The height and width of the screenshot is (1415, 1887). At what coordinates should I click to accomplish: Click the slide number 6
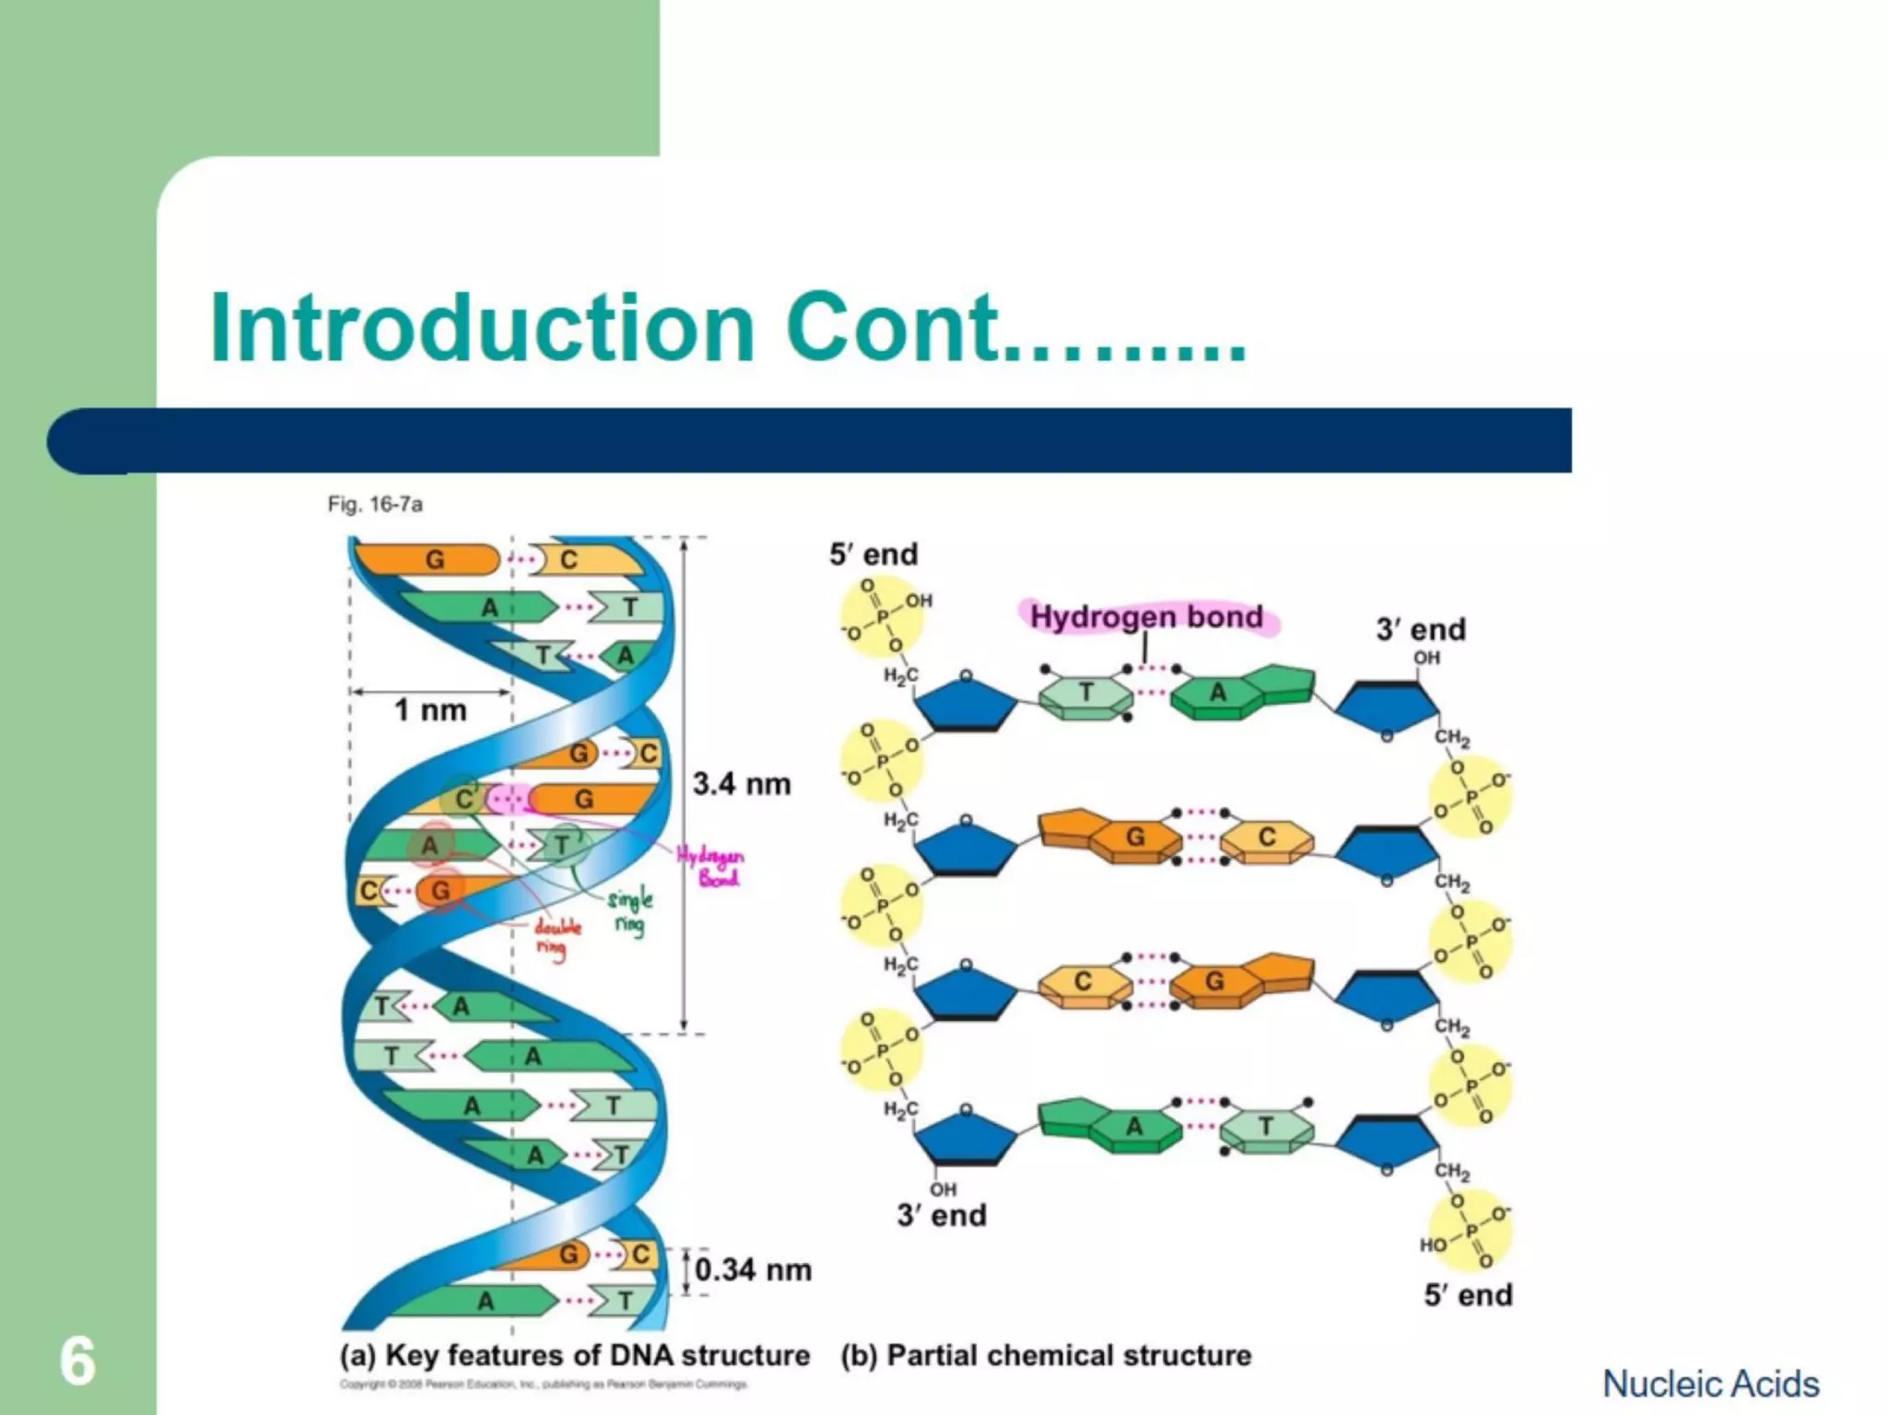coord(77,1361)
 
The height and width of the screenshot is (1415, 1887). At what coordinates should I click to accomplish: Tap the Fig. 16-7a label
coord(375,504)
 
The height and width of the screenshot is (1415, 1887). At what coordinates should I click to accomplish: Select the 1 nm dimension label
coord(430,710)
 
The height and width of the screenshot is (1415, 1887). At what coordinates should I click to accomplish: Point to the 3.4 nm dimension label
coord(742,784)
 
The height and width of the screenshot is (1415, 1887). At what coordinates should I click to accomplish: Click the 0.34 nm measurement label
coord(753,1269)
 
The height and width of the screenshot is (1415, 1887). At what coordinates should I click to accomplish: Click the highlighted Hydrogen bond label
coord(1146,616)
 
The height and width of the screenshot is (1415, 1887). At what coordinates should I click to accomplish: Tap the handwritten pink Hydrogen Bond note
coord(712,866)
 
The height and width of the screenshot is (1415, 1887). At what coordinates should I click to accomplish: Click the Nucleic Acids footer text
coord(1711,1384)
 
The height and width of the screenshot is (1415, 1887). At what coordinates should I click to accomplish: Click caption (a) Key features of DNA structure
coord(575,1355)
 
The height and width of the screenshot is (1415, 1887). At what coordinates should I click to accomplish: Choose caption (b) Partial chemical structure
coord(1046,1355)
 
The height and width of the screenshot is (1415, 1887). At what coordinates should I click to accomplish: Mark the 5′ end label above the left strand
coord(873,554)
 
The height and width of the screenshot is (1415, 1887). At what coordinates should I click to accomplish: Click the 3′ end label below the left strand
coord(942,1215)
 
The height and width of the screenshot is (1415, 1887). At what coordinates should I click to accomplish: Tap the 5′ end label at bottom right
coord(1468,1294)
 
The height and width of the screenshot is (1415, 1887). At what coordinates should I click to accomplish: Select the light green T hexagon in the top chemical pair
coord(1085,694)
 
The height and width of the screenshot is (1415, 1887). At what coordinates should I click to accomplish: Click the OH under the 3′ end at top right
coord(1426,658)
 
